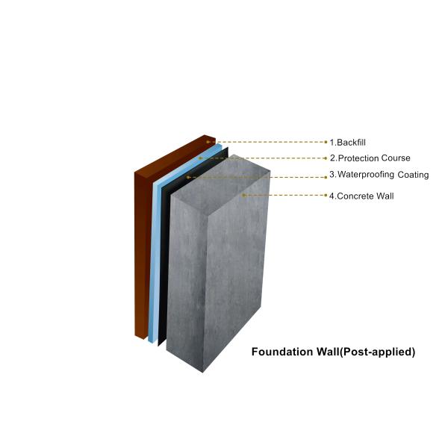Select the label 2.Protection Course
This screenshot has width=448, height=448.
click(370, 158)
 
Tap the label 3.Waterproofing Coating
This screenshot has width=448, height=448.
click(379, 175)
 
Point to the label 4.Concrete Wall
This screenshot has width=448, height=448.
click(361, 196)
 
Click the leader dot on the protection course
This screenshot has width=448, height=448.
click(200, 158)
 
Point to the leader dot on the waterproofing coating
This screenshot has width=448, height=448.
click(187, 177)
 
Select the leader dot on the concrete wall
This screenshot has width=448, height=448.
click(243, 196)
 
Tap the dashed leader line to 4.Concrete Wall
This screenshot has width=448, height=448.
click(287, 196)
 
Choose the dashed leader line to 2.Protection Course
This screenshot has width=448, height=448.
click(265, 158)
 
